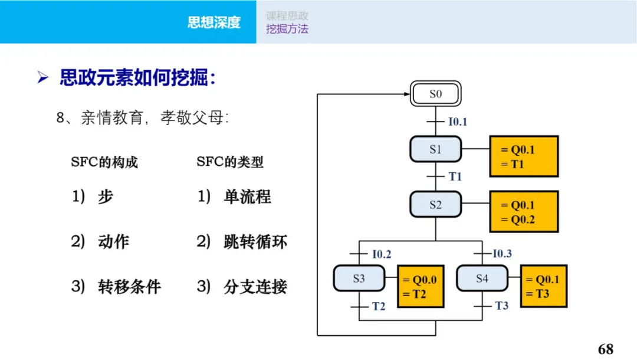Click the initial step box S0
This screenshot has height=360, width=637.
pos(435,94)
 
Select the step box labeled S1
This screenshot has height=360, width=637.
pos(435,149)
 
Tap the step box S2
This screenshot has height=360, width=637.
pos(435,205)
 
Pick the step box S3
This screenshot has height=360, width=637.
pos(359,279)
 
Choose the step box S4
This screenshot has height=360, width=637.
pos(482,279)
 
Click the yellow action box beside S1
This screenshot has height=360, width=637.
pos(524,156)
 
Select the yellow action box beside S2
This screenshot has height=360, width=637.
pos(524,212)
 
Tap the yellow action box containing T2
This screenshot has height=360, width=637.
pos(421,287)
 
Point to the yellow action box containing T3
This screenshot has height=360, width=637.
pos(543,286)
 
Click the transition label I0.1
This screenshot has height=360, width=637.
pos(458,122)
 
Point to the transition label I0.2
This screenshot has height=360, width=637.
pos(382,254)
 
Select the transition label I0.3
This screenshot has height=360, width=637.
pos(503,254)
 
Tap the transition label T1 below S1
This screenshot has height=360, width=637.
pos(455,176)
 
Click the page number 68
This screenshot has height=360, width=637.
pos(605,348)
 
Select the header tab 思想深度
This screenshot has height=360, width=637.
pos(214,22)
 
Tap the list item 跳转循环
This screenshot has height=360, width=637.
pos(255,242)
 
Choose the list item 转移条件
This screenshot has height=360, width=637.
pos(129,287)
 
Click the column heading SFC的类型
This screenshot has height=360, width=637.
pos(230,162)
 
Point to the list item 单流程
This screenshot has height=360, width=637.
pos(247,197)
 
